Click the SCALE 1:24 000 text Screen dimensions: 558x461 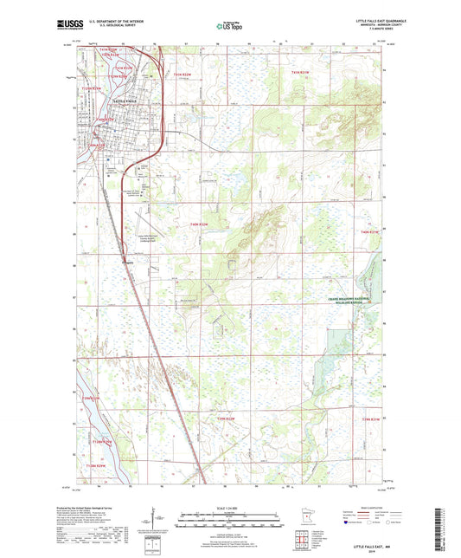pos(229,507)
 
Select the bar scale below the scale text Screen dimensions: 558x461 pos(229,521)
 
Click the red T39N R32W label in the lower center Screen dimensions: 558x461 pos(227,419)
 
